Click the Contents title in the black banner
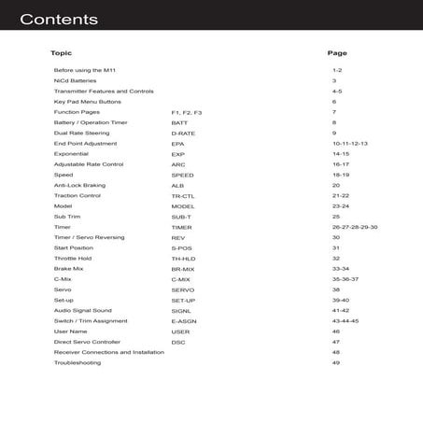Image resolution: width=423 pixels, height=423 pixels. tap(58, 19)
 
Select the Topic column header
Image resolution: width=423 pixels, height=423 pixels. tap(61, 53)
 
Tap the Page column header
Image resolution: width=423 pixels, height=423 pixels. tap(337, 53)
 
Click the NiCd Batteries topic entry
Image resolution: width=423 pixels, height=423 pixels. tap(75, 81)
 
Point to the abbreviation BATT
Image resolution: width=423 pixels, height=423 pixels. tap(179, 122)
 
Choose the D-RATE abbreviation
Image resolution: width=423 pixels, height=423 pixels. tap(183, 134)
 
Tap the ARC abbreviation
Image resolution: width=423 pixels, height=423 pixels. tap(178, 164)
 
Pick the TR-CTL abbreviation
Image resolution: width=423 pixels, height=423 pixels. tap(183, 196)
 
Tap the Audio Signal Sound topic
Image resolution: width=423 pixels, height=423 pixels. tap(83, 311)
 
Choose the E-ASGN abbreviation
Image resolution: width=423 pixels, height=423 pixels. tap(185, 321)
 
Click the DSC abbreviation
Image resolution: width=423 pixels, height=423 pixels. tap(178, 342)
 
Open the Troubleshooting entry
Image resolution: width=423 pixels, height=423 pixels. tap(78, 363)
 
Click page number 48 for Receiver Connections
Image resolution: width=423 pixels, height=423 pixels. tap(335, 353)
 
